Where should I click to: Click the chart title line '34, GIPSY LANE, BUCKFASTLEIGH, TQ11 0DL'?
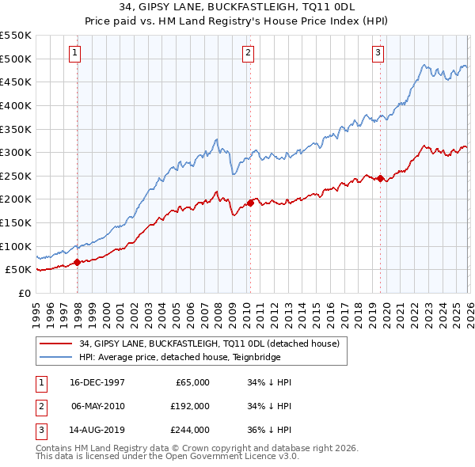tap(237, 6)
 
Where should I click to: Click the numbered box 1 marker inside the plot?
tap(74, 53)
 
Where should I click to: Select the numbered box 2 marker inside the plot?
tap(248, 53)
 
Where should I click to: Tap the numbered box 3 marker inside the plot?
tap(378, 53)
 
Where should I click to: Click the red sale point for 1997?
tap(77, 262)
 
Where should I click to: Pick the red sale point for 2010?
tap(250, 203)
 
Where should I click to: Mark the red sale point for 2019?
tap(380, 178)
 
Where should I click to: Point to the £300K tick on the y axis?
tap(16, 152)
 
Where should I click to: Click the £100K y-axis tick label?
tap(16, 246)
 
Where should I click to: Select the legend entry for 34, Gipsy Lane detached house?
tap(209, 344)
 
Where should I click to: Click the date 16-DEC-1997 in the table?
tap(98, 382)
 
